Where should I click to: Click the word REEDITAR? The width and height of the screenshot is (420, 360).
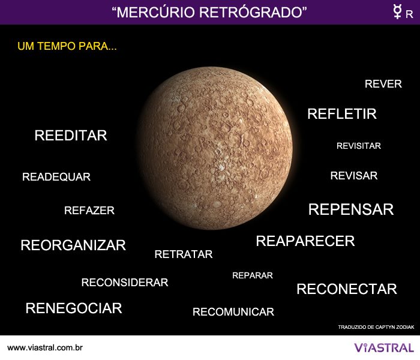(x=71, y=136)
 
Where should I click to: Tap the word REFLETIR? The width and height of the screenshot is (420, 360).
(x=341, y=114)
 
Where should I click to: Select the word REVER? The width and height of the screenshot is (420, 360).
(x=383, y=84)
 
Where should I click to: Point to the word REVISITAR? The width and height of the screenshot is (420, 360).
(x=358, y=146)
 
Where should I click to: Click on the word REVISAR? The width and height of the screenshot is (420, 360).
(x=353, y=176)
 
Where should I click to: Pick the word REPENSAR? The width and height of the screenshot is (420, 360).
(x=350, y=209)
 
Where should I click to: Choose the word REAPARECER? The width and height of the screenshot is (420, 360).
(x=305, y=241)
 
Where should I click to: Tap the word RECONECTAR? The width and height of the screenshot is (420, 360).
(x=346, y=289)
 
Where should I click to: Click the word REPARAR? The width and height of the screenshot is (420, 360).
(x=252, y=275)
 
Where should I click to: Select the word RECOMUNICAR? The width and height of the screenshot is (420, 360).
(x=233, y=312)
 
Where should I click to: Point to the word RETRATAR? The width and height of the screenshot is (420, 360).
(x=183, y=254)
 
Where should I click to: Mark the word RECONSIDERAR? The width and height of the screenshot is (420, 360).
(x=124, y=283)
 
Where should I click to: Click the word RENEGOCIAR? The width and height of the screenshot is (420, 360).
(x=73, y=308)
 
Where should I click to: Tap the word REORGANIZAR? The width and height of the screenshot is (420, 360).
(x=73, y=245)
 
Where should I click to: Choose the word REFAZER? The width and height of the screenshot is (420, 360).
(x=89, y=211)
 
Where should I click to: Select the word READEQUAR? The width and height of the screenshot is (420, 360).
(x=56, y=177)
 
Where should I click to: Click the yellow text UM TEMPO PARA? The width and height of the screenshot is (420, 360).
(x=67, y=46)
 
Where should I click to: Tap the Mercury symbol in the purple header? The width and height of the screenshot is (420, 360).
(x=397, y=12)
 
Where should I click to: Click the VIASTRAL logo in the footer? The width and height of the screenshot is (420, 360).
(x=383, y=347)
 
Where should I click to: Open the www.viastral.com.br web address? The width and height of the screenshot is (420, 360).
(x=45, y=348)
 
